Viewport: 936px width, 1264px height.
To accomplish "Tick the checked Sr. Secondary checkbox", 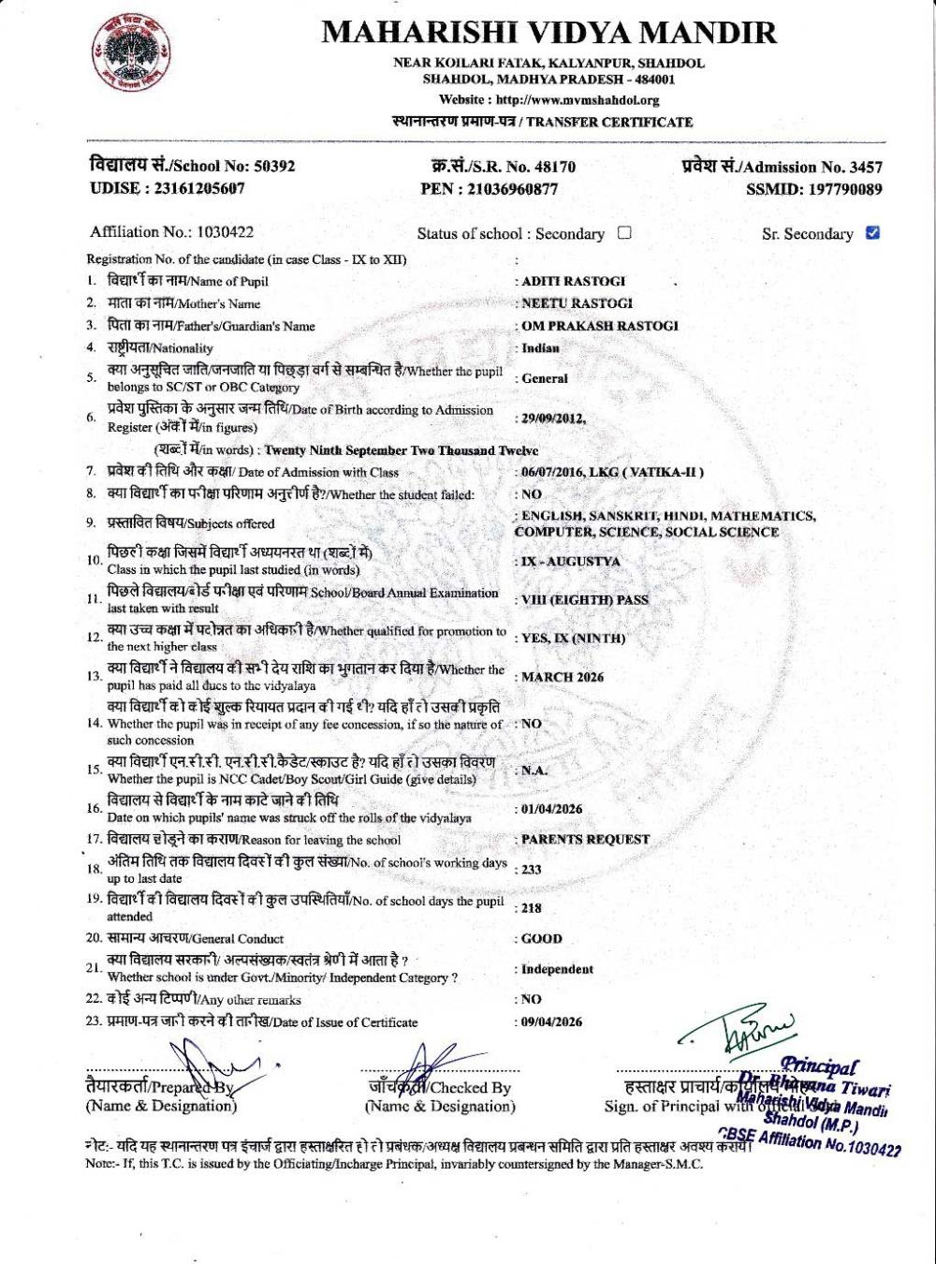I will click(873, 233).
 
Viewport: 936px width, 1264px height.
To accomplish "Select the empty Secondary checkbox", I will click(624, 233).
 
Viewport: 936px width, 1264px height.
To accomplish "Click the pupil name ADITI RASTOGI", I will click(573, 281).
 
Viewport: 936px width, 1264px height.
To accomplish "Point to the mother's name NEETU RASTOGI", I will click(577, 303).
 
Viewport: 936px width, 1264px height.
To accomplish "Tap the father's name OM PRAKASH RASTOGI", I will click(599, 326).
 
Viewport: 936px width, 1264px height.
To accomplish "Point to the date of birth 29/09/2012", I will click(553, 419).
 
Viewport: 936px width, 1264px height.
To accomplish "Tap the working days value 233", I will click(532, 869).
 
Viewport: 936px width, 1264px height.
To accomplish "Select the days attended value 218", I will click(532, 908).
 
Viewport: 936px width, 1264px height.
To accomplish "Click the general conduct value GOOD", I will click(542, 938).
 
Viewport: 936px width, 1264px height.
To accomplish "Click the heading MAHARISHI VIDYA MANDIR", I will click(548, 33).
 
